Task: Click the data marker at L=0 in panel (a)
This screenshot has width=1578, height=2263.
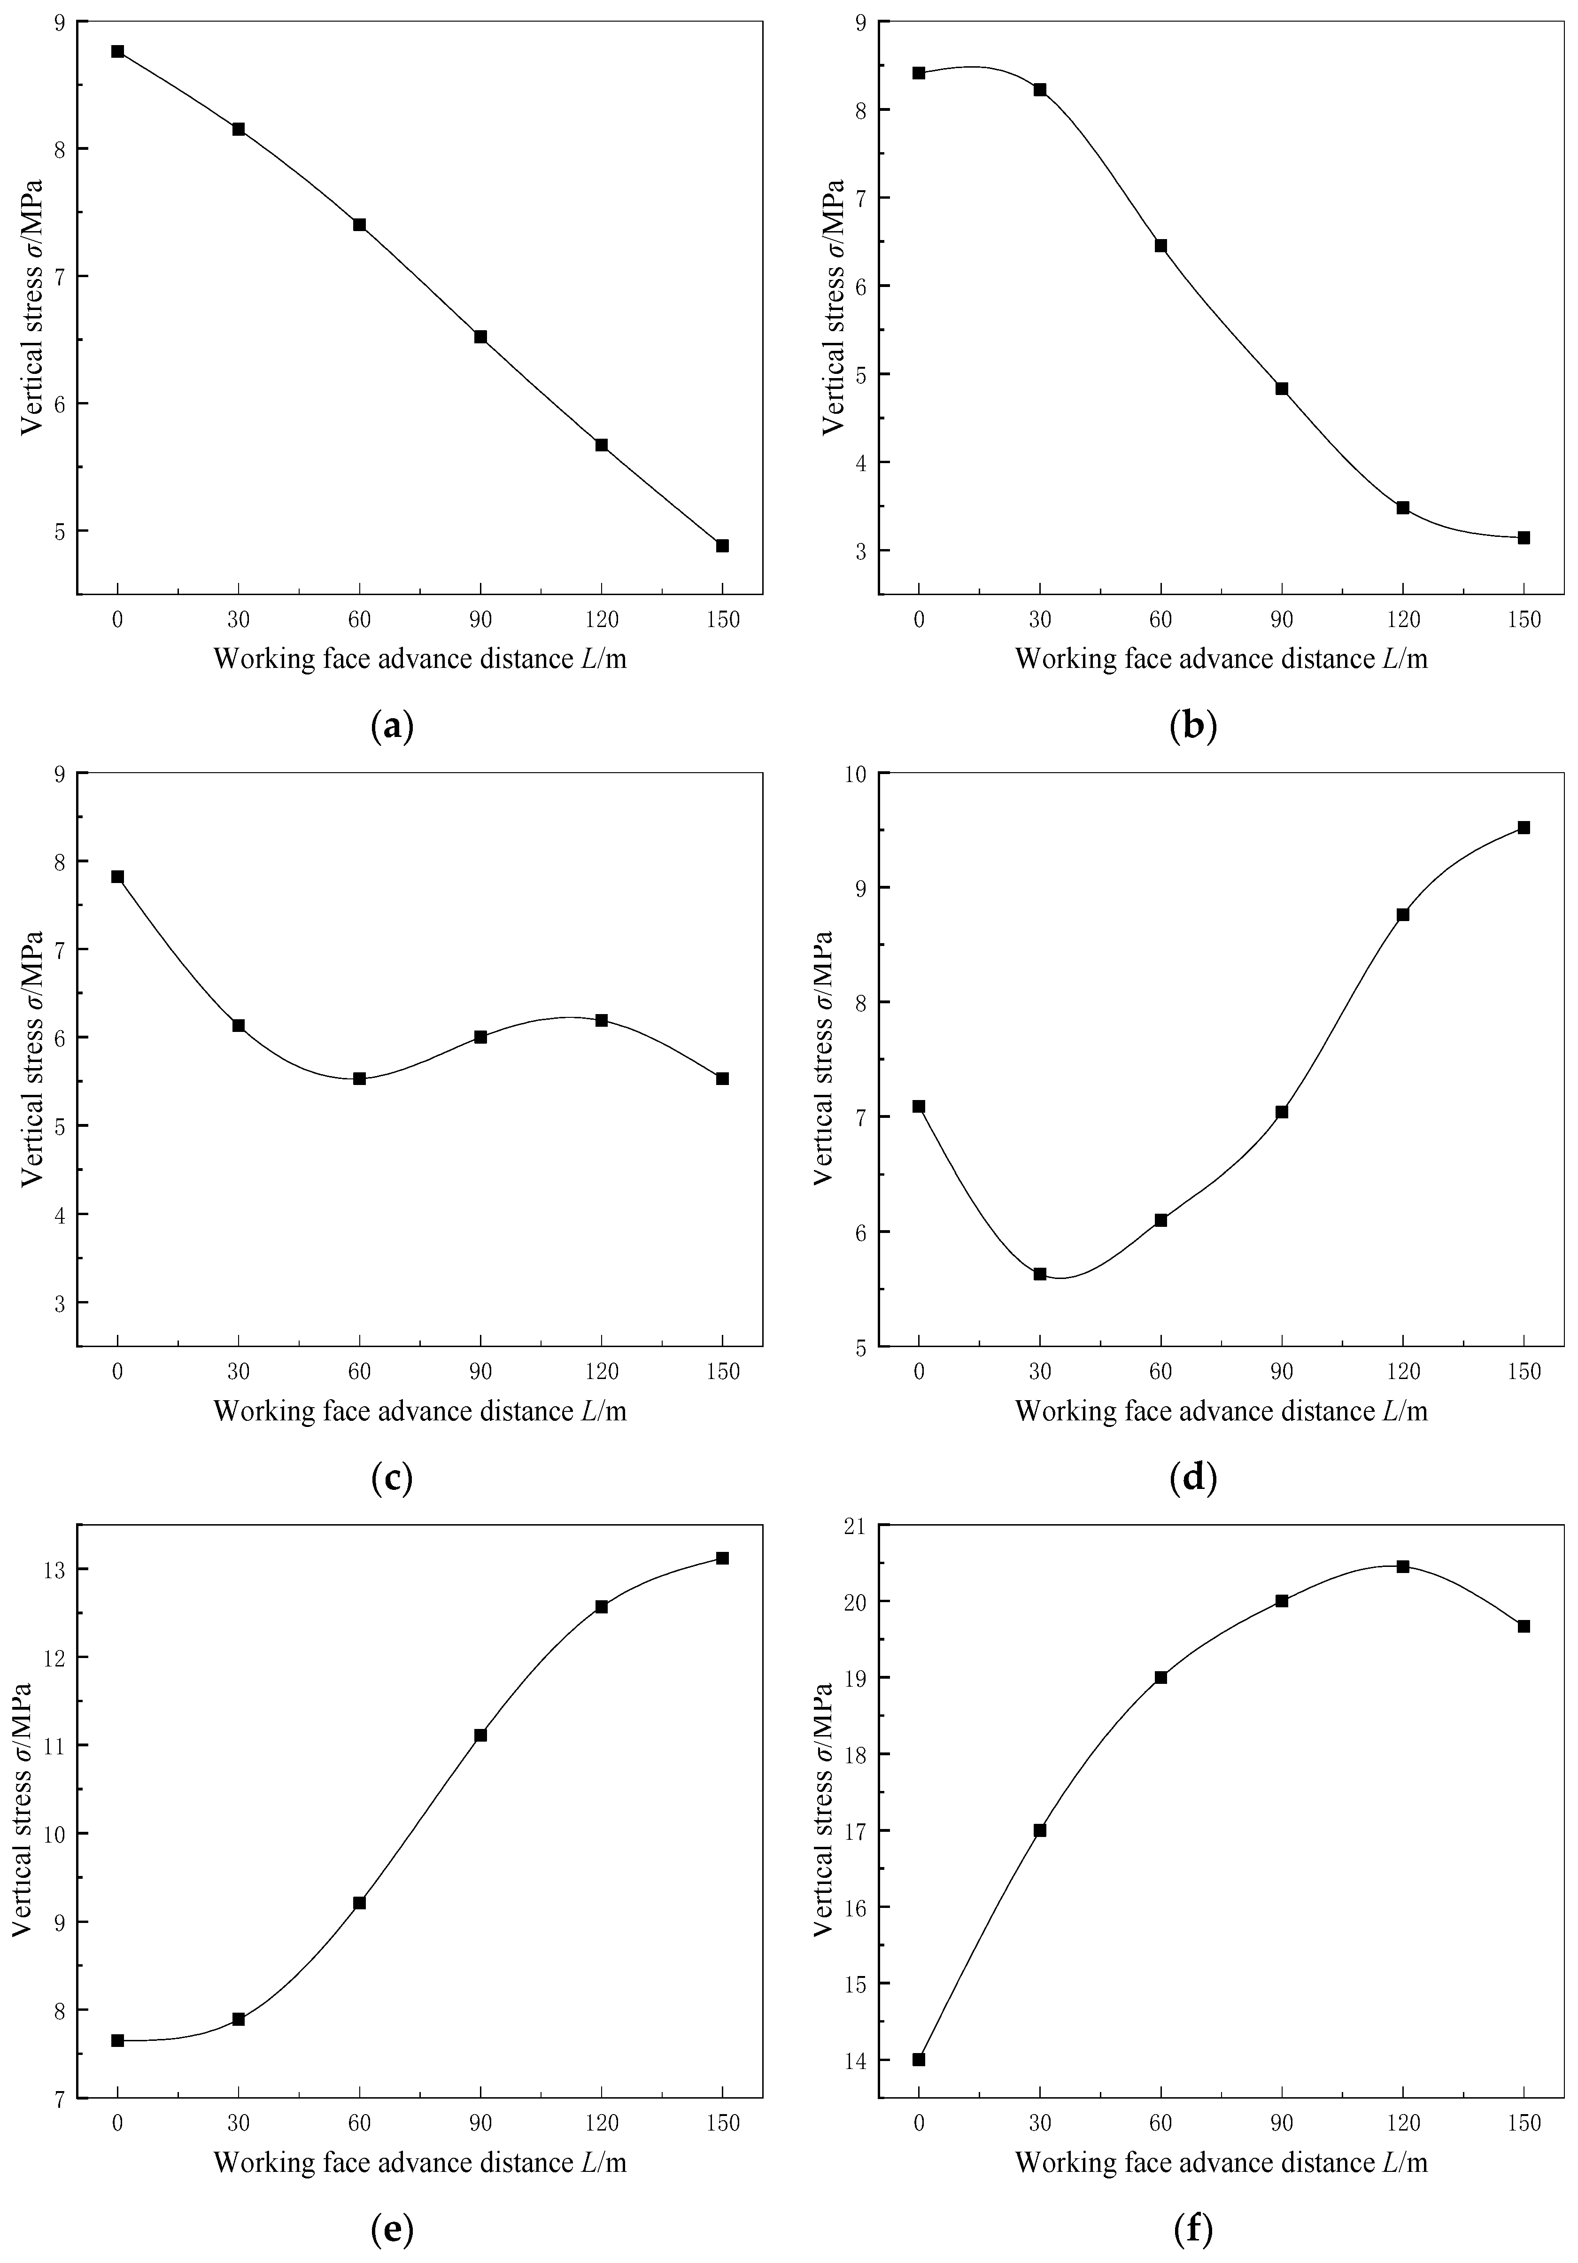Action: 117,51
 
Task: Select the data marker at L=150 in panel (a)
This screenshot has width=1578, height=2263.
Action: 722,545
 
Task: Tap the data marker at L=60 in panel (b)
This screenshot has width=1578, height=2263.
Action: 1161,246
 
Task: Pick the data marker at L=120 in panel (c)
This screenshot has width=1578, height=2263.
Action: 601,1020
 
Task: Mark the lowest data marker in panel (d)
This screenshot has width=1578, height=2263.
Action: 1040,1273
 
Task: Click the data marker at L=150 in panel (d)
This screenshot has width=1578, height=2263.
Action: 1524,828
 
